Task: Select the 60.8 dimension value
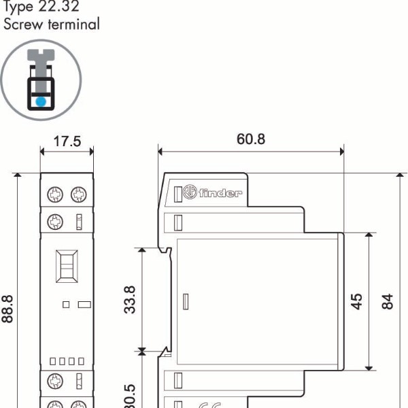[251, 139]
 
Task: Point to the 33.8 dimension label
[130, 299]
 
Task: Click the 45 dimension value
[356, 300]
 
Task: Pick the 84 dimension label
[388, 300]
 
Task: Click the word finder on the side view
[221, 193]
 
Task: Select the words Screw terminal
[52, 24]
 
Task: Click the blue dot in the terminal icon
[41, 101]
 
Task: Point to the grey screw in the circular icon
[41, 65]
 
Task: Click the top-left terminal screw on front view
[55, 194]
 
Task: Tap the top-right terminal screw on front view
[79, 194]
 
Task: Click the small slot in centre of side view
[186, 300]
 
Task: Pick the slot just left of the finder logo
[178, 193]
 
